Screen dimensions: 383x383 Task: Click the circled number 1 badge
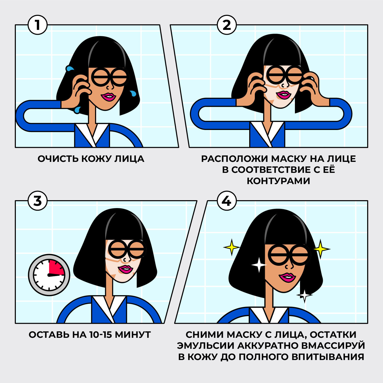[x=38, y=25]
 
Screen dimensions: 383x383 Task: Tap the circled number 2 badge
[x=227, y=25]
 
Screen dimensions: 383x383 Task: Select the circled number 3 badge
[x=38, y=201]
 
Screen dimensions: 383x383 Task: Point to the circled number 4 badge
[x=227, y=201]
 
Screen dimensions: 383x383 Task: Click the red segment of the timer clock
[x=57, y=268]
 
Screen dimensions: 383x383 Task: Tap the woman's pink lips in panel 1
[x=109, y=97]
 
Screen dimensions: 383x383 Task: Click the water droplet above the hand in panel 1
[x=69, y=68]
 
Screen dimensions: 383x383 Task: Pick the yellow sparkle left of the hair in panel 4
[x=232, y=247]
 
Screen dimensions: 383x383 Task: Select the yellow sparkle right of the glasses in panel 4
[x=321, y=248]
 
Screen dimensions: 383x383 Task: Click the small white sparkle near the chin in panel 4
[x=304, y=295]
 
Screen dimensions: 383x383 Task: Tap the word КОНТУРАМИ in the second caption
[x=278, y=181]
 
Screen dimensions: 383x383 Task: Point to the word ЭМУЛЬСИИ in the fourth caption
[x=206, y=345]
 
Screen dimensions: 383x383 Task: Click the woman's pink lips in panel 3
[x=125, y=269]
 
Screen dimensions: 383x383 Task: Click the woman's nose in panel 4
[x=290, y=266]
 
